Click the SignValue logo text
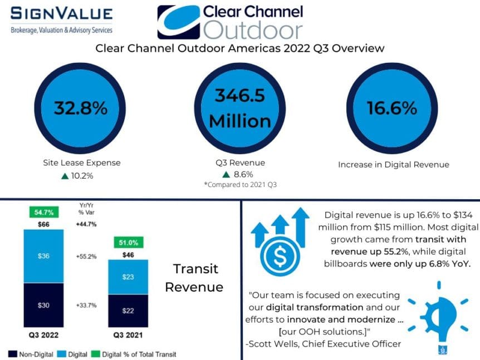pyautogui.click(x=61, y=14)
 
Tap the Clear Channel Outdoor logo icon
pyautogui.click(x=177, y=22)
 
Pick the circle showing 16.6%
pyautogui.click(x=392, y=108)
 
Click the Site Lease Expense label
pyautogui.click(x=82, y=163)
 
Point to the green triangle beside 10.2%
pyautogui.click(x=66, y=176)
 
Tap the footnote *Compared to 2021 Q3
pyautogui.click(x=241, y=184)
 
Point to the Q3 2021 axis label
pyautogui.click(x=128, y=336)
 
